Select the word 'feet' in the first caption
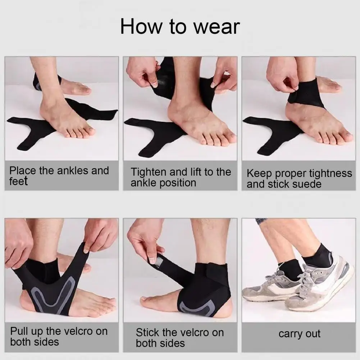pos(18,181)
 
